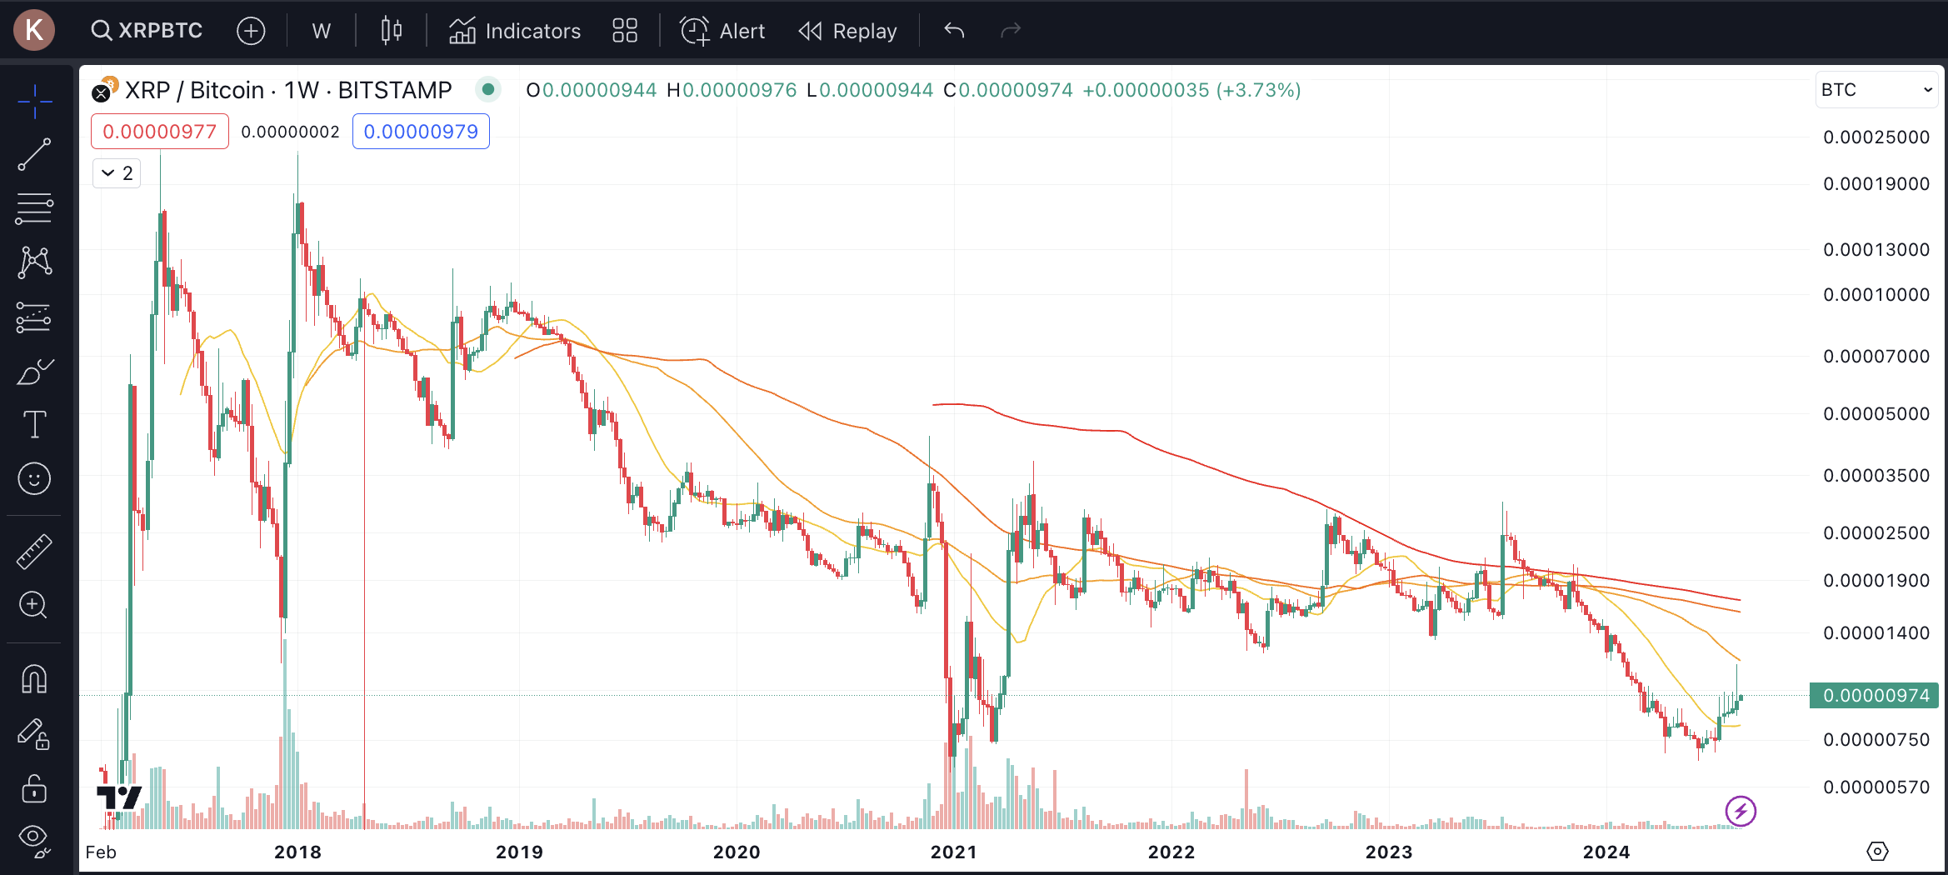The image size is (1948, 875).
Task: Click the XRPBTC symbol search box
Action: pyautogui.click(x=147, y=31)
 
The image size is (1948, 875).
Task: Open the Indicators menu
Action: pyautogui.click(x=515, y=31)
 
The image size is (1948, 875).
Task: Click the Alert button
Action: pyautogui.click(x=722, y=31)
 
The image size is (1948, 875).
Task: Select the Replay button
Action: pyautogui.click(x=848, y=31)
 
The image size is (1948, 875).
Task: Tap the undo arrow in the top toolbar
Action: pyautogui.click(x=954, y=31)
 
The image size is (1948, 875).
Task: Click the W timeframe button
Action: pyautogui.click(x=321, y=31)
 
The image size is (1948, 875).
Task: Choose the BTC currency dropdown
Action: pyautogui.click(x=1876, y=90)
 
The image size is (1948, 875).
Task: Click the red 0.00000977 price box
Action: pyautogui.click(x=159, y=132)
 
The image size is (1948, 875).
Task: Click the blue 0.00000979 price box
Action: pyautogui.click(x=421, y=132)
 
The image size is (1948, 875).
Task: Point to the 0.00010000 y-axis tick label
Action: pyautogui.click(x=1876, y=295)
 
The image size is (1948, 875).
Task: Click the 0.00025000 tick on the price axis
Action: pyautogui.click(x=1876, y=137)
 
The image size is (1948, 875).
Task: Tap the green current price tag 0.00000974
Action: pyautogui.click(x=1874, y=696)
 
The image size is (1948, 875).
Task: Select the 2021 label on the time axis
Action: pyautogui.click(x=953, y=852)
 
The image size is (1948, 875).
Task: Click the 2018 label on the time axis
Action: pyautogui.click(x=297, y=852)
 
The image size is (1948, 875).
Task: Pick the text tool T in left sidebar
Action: pyautogui.click(x=34, y=424)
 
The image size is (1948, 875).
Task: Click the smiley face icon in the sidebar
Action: pyautogui.click(x=34, y=479)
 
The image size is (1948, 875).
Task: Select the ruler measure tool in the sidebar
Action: pyautogui.click(x=34, y=552)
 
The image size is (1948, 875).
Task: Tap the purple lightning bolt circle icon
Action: pyautogui.click(x=1741, y=811)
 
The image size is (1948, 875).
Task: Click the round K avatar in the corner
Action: pyautogui.click(x=34, y=30)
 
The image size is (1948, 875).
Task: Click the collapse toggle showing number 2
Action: pyautogui.click(x=117, y=173)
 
